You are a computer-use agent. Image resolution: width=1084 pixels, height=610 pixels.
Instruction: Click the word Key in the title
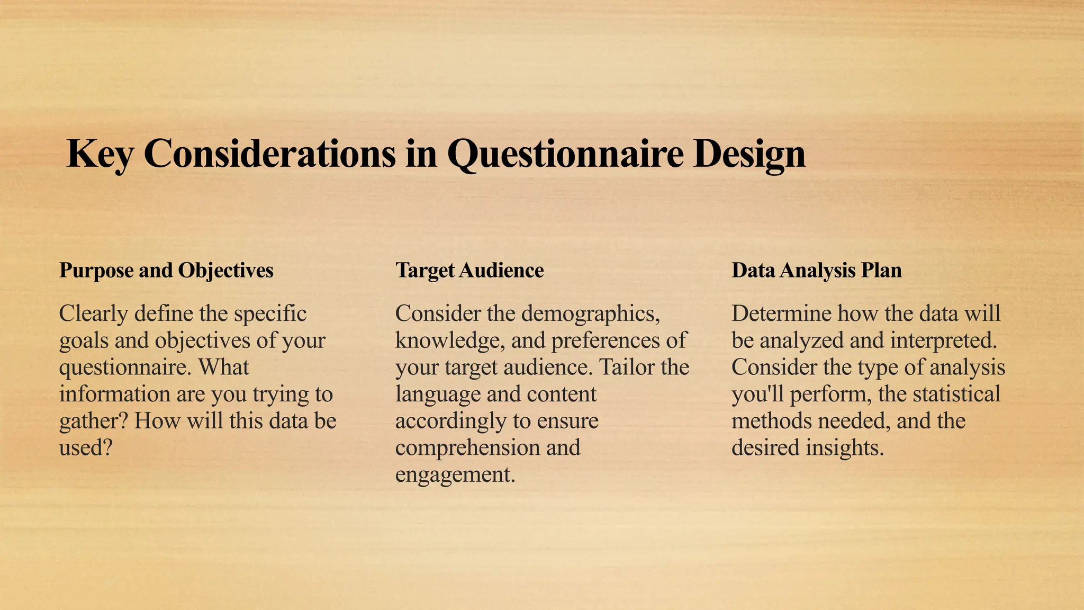[x=99, y=154]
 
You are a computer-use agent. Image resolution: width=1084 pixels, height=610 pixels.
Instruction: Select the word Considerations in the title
[x=269, y=154]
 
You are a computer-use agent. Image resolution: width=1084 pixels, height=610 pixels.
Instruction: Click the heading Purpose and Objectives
[x=166, y=270]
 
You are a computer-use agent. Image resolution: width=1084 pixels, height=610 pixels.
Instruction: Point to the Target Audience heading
[x=469, y=270]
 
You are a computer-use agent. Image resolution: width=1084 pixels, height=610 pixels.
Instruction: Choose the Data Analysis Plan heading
[x=816, y=270]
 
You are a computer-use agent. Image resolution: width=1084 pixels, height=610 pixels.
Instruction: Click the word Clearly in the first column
[x=93, y=313]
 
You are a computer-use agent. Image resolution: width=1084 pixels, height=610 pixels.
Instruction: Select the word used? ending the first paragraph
[x=86, y=448]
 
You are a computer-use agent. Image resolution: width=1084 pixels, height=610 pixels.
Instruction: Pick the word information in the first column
[x=109, y=394]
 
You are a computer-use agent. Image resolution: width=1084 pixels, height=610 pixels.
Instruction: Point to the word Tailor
[x=626, y=367]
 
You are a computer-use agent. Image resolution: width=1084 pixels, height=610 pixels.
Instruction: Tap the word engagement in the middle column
[x=455, y=474]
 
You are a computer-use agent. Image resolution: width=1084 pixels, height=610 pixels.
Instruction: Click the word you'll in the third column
[x=756, y=394]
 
